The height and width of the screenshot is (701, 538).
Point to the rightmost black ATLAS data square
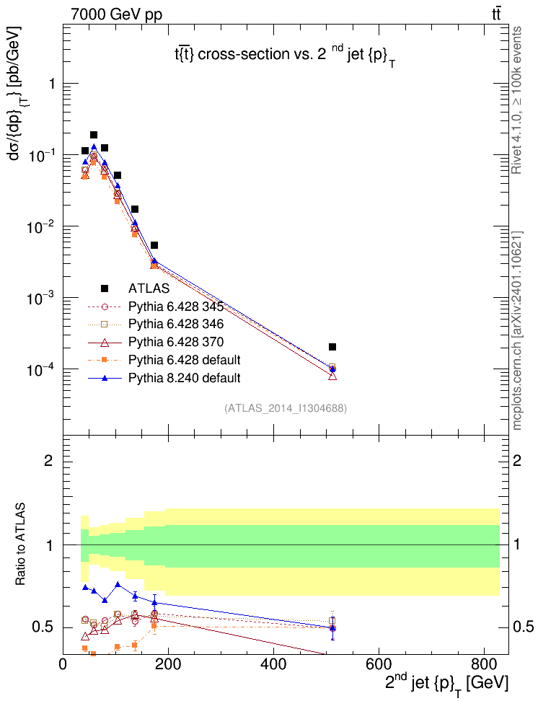[x=332, y=347]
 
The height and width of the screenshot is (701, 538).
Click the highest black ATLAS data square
[x=94, y=135]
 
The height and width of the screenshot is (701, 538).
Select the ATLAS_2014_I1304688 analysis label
[x=286, y=408]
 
